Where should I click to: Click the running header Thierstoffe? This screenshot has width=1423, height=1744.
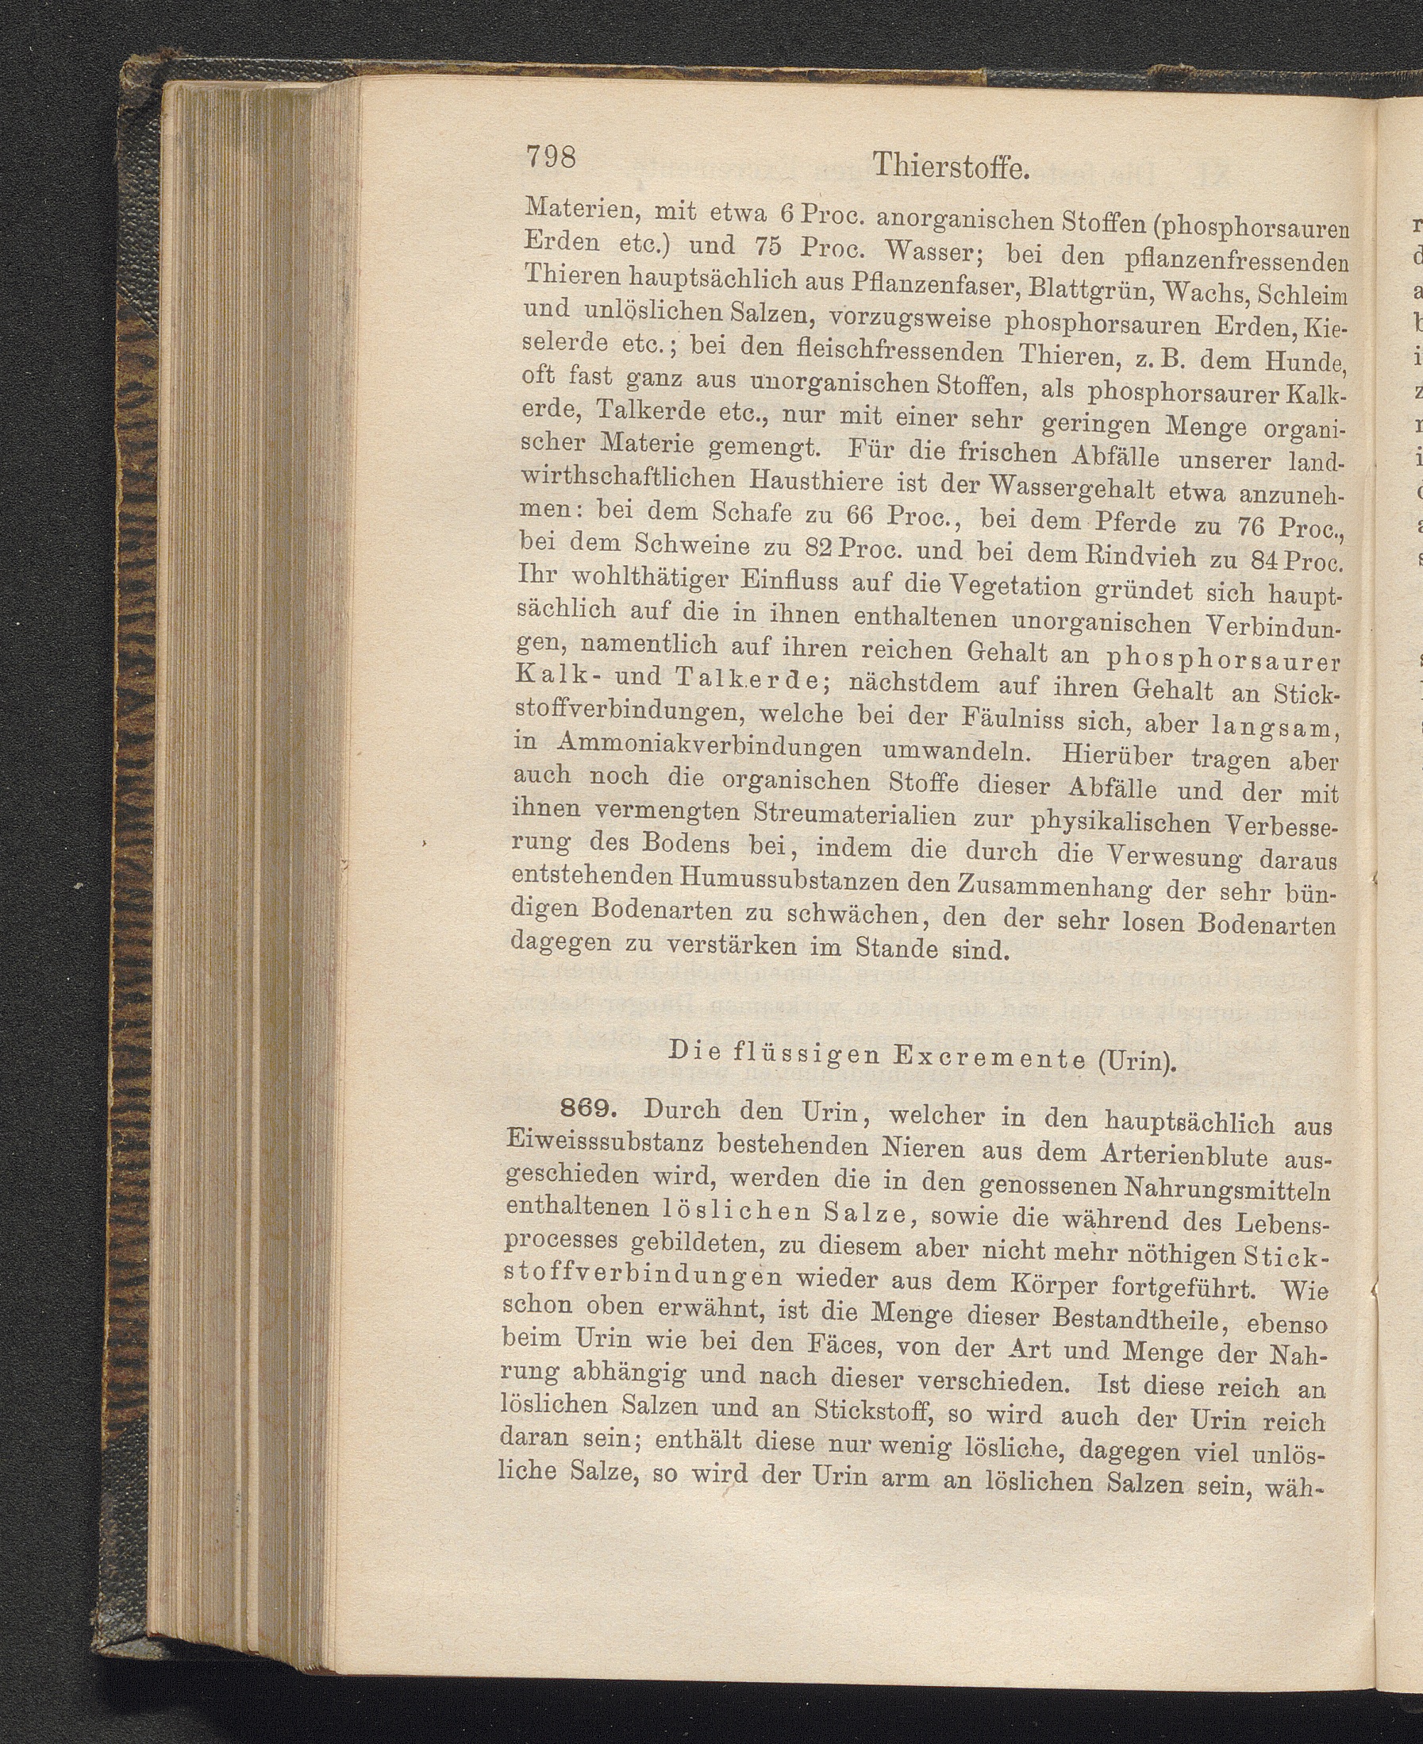coord(950,167)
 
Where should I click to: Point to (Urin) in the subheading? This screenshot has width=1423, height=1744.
coord(1135,1062)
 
